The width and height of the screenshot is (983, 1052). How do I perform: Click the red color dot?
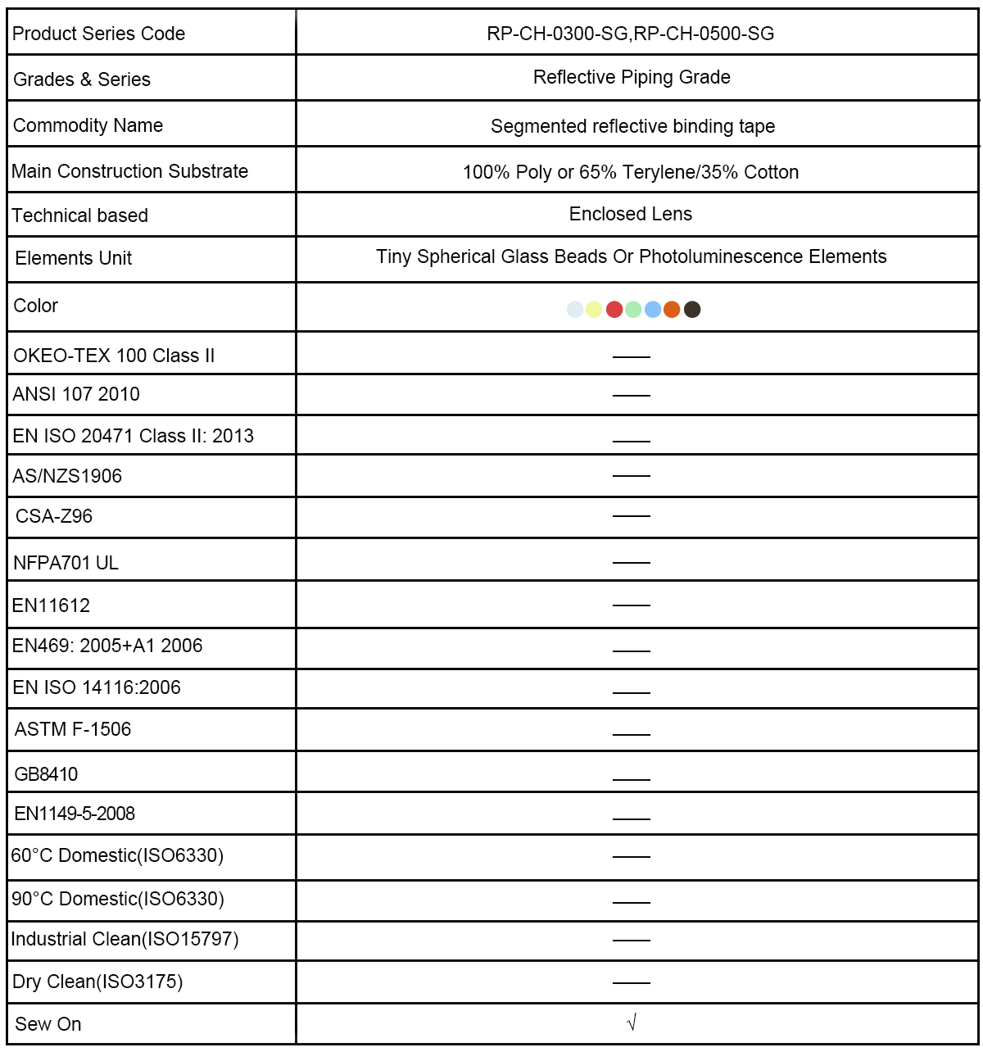(x=614, y=309)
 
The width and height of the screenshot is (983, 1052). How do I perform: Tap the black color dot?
(x=692, y=309)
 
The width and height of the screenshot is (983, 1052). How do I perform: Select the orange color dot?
(x=672, y=309)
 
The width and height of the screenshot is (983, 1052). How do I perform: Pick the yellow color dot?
(x=594, y=309)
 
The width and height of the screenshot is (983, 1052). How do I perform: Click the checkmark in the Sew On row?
(x=631, y=1023)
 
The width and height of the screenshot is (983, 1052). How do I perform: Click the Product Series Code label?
(x=98, y=34)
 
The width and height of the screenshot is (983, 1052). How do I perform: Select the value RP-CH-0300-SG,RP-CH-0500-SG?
(x=630, y=34)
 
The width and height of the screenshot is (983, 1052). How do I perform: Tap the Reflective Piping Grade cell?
(x=632, y=77)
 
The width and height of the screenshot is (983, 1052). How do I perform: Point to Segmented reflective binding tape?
(x=632, y=126)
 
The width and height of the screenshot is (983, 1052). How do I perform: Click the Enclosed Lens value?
(x=630, y=214)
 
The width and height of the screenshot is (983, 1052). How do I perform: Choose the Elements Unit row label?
(x=73, y=258)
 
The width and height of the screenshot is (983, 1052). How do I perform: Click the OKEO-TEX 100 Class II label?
(x=114, y=356)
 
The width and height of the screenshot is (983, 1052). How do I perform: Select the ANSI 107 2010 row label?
(x=76, y=394)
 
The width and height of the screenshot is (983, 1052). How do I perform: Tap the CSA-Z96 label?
(x=54, y=516)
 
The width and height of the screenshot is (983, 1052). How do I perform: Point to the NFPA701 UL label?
(x=66, y=563)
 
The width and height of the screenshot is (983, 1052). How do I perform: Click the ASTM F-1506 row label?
(x=73, y=729)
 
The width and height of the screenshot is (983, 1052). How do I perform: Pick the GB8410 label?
(x=46, y=774)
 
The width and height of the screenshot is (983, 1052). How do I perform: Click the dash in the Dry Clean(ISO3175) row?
(x=631, y=982)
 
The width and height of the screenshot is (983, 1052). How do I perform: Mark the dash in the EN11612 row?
(x=631, y=605)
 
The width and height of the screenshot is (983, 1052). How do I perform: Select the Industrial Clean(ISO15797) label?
(x=125, y=939)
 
